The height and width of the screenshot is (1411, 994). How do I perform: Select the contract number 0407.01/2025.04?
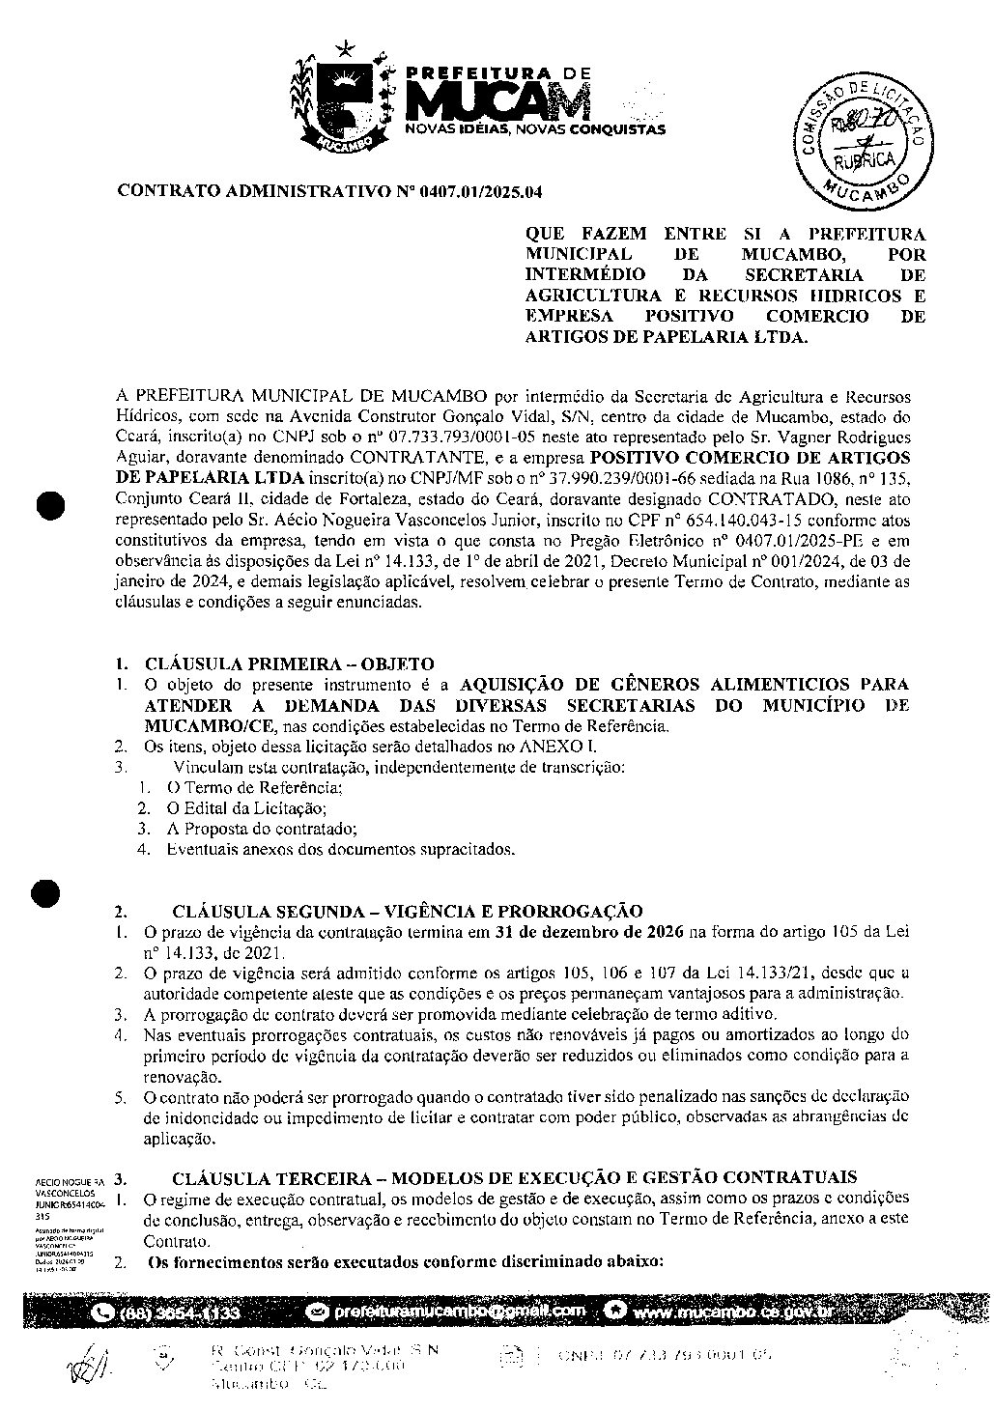point(480,192)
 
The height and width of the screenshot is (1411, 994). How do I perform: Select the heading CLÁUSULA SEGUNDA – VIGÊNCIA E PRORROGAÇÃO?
point(407,911)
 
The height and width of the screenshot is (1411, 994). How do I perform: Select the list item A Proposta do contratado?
point(262,829)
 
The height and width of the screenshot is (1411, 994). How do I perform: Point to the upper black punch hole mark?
point(46,504)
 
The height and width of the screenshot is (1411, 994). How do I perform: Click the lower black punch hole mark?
point(46,894)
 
